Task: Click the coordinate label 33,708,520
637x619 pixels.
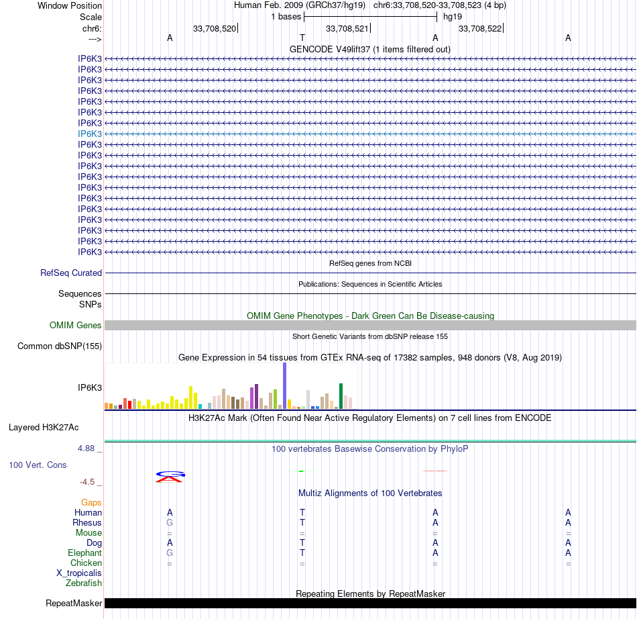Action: [215, 28]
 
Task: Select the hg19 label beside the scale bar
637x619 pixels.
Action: [453, 16]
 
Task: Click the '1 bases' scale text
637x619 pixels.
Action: [286, 16]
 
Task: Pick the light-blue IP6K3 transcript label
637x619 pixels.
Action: [90, 134]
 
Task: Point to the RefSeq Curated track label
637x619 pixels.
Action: [71, 273]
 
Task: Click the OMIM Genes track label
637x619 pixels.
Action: [76, 326]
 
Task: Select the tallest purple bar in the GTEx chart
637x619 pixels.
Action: [285, 386]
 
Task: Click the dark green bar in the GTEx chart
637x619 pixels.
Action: [341, 396]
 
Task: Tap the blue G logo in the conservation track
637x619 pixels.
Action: [170, 473]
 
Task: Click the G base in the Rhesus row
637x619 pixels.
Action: [170, 522]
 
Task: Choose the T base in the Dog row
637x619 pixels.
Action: [302, 542]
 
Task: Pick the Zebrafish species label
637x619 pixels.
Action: [84, 583]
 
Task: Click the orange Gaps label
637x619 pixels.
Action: [91, 502]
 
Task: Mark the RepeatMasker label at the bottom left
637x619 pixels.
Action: [74, 604]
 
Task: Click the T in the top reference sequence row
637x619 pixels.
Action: [302, 38]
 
